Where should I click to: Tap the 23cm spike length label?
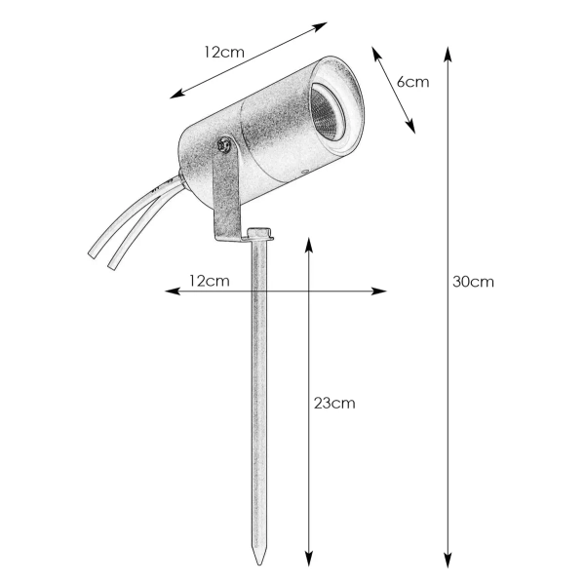click(334, 402)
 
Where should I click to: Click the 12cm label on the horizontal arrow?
click(209, 281)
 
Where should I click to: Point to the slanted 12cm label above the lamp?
click(224, 52)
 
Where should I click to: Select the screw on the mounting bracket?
click(224, 146)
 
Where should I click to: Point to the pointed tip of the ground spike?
click(259, 566)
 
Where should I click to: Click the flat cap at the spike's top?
click(258, 234)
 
